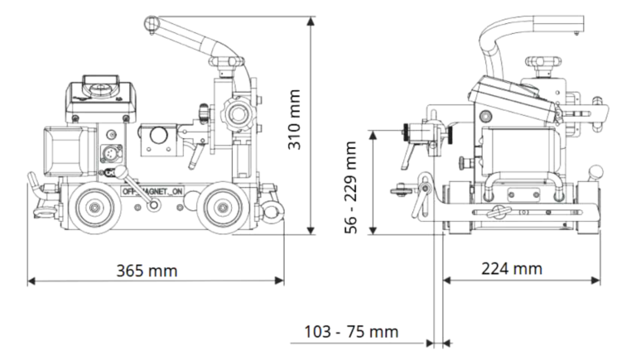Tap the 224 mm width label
tap(512, 268)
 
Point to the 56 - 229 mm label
tap(351, 186)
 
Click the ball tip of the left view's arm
tap(150, 22)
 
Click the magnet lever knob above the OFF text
tap(122, 172)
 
